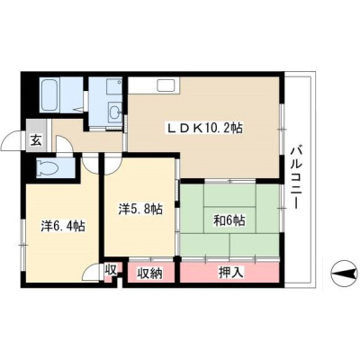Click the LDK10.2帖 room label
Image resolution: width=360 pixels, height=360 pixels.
204,129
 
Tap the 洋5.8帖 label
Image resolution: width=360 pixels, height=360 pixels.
140,209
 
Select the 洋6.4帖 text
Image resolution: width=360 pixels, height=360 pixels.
63,226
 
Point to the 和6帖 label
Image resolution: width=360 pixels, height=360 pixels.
229,221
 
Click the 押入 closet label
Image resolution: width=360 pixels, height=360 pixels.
230,273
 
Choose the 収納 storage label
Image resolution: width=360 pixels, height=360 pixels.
149,273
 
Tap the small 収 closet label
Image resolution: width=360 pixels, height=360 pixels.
110,270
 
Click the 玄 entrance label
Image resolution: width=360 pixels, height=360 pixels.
36,140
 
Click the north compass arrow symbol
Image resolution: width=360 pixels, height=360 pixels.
344,274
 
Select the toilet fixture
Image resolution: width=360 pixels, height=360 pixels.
47,167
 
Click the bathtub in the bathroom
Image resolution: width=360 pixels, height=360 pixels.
49,95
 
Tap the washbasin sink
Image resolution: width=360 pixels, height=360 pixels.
114,112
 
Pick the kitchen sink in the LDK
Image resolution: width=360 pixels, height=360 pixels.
168,85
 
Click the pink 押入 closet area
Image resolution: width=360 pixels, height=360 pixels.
229,273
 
